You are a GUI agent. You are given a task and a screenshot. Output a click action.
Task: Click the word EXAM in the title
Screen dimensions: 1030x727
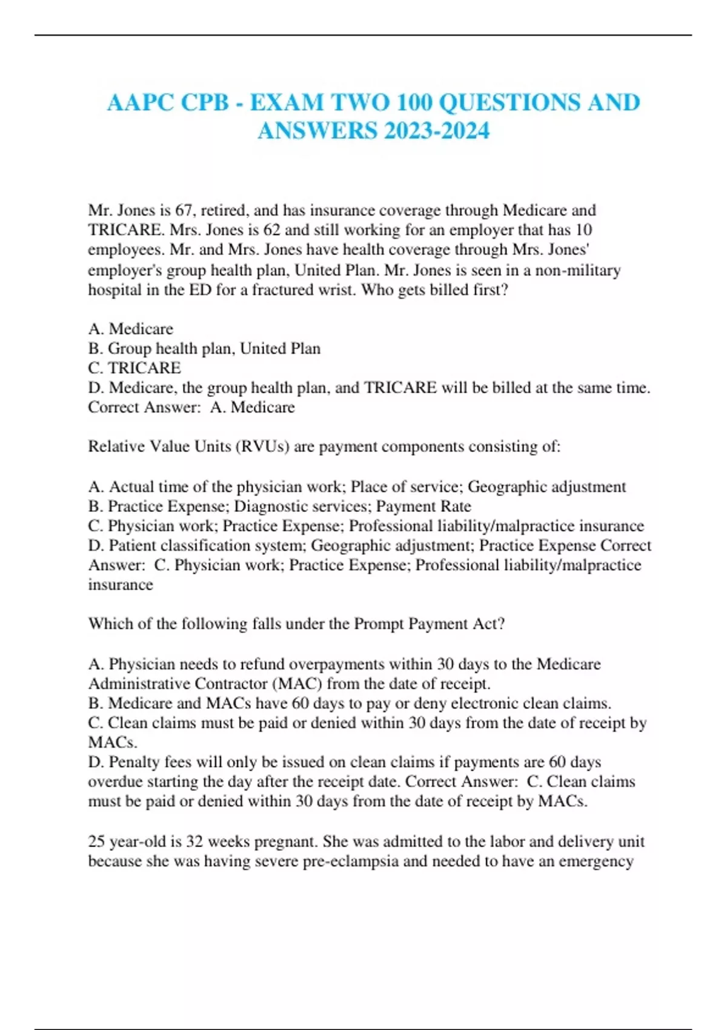click(x=287, y=102)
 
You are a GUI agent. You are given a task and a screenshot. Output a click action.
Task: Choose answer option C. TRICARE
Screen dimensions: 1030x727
click(x=134, y=368)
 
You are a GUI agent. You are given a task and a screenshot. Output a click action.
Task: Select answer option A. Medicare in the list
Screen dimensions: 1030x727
click(x=131, y=328)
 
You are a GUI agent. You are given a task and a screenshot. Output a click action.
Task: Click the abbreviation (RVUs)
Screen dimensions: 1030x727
click(x=261, y=447)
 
